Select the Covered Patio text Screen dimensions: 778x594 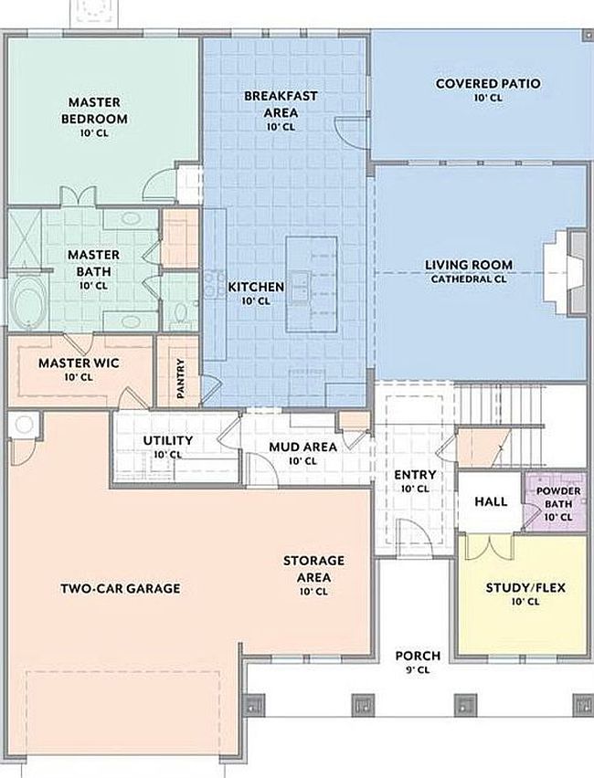[x=487, y=84]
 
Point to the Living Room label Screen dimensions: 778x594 [x=468, y=266]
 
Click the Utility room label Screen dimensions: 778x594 [x=167, y=441]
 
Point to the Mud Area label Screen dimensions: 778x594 [x=302, y=447]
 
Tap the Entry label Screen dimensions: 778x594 [x=414, y=476]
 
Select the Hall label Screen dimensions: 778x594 [x=491, y=501]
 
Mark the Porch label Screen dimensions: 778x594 [x=417, y=656]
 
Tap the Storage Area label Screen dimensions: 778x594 [x=313, y=568]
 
